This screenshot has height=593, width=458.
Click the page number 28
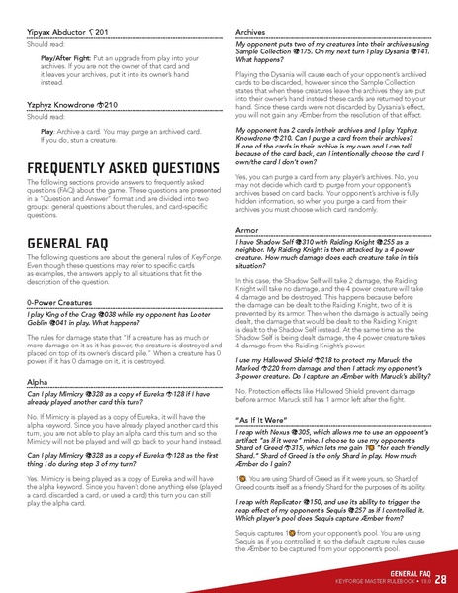point(440,578)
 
